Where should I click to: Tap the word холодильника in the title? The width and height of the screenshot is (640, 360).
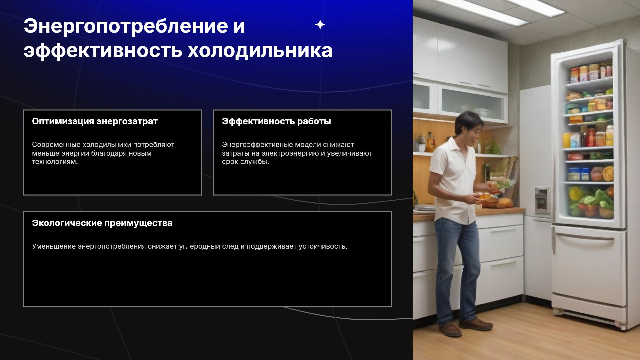point(260,51)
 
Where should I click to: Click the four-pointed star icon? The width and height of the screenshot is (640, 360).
point(320,25)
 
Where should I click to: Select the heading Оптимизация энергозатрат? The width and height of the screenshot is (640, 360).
point(95,122)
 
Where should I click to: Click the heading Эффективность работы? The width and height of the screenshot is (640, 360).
point(276,121)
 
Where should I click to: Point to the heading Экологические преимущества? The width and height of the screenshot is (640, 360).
point(102,223)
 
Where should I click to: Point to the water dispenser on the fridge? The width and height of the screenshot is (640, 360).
point(542,199)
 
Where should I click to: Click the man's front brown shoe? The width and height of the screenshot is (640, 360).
point(476,324)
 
